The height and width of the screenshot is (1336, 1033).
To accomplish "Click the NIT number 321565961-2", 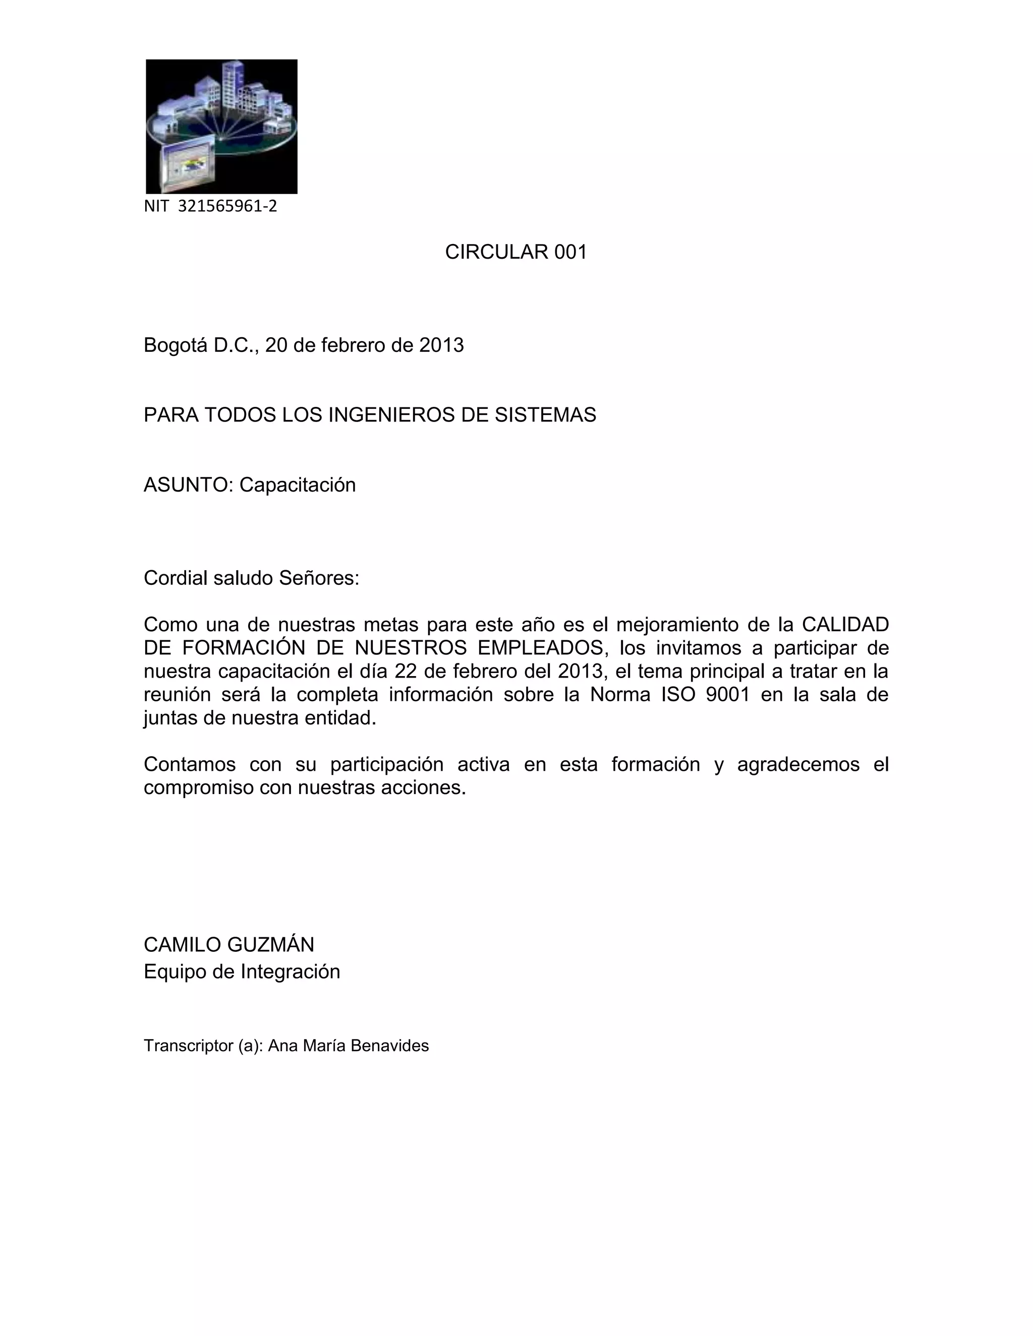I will click(x=227, y=206).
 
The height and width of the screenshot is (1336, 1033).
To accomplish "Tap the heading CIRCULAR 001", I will click(x=516, y=252).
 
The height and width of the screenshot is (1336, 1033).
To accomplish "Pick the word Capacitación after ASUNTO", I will click(x=298, y=485).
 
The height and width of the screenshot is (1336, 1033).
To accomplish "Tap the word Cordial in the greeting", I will click(x=176, y=578).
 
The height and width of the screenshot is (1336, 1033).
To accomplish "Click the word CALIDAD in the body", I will click(x=845, y=625).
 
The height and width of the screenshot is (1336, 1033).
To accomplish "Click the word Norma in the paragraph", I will click(x=620, y=694).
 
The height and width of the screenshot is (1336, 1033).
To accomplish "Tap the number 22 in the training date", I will click(x=405, y=671).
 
